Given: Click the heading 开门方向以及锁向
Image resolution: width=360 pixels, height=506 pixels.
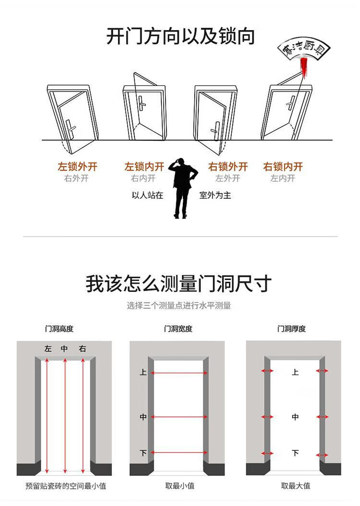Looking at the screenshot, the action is [180, 36].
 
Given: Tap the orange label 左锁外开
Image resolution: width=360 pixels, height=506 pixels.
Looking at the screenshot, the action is [77, 167].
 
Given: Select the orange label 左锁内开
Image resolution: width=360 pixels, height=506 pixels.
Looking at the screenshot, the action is [144, 167].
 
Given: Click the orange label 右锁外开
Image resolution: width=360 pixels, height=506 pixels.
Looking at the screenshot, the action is [228, 167].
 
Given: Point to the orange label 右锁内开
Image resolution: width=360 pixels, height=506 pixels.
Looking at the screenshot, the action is [283, 167].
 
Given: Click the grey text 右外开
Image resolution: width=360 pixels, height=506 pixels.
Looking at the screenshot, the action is [76, 178].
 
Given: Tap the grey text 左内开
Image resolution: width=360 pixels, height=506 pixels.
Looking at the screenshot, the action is [283, 178].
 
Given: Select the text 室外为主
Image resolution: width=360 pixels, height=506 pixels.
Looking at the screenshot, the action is [215, 195].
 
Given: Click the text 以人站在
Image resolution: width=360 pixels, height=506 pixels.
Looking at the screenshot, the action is [147, 195].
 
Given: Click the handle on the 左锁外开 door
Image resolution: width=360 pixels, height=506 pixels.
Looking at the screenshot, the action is [71, 128].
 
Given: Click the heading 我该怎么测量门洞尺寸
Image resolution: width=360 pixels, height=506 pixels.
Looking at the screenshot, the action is [179, 284].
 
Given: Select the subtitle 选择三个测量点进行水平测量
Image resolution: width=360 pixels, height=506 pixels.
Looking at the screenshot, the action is [179, 305].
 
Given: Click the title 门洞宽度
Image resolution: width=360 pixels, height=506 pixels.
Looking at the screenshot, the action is [178, 329].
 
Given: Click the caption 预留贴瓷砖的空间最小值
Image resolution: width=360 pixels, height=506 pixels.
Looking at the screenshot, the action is [66, 486].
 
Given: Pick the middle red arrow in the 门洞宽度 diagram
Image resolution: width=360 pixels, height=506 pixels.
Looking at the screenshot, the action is [179, 417].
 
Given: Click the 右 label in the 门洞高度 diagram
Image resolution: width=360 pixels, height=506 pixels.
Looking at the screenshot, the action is [82, 349].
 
